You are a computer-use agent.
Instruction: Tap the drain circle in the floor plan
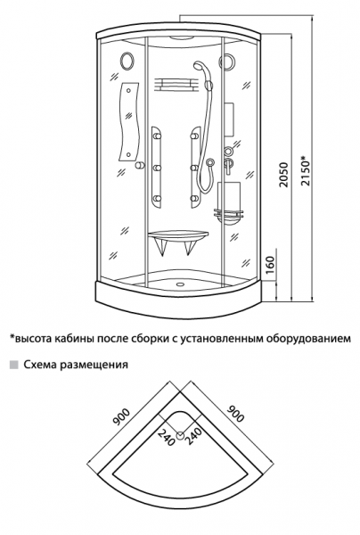[x=180, y=435]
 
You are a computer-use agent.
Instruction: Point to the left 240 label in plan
[x=165, y=436]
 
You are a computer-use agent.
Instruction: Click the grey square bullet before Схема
[x=12, y=365]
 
